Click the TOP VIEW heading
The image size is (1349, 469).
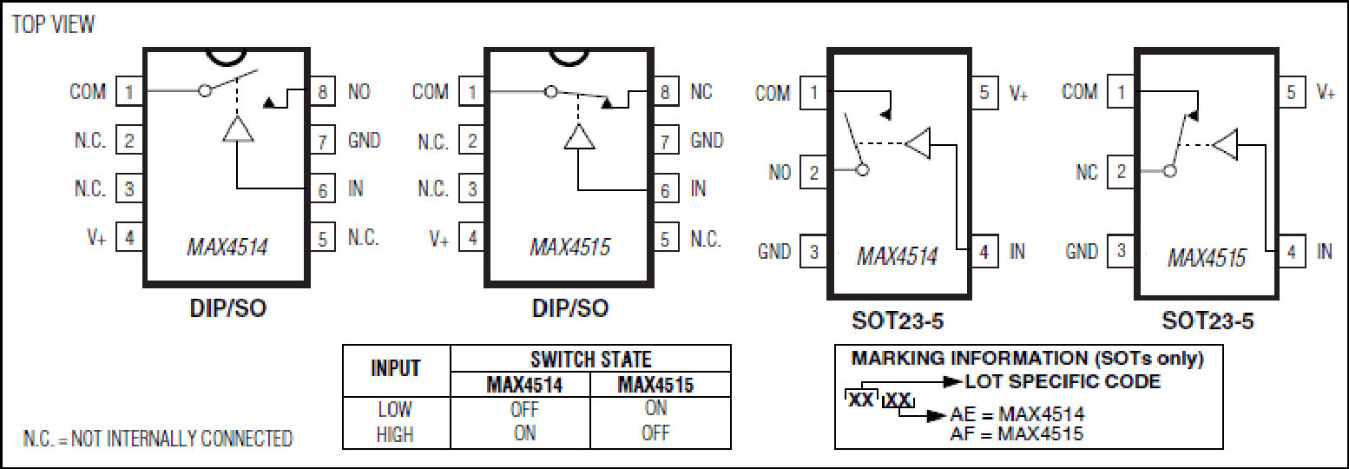53,24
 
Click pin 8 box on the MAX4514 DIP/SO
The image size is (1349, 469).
322,92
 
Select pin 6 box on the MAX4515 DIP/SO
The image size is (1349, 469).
665,190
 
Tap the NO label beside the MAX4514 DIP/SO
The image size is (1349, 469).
359,92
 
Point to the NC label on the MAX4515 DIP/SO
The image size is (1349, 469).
701,92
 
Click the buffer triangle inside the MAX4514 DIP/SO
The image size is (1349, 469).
238,129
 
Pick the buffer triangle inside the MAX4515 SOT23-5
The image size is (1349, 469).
1225,145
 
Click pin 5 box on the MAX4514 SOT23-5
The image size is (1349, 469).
984,92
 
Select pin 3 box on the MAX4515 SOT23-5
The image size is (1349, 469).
1121,251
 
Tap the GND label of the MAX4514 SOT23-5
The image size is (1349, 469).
773,251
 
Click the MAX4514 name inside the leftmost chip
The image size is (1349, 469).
227,248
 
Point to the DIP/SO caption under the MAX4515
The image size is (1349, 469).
569,308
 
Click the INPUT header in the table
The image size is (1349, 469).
396,368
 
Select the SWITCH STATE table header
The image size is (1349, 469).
591,360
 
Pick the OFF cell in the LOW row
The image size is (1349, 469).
524,409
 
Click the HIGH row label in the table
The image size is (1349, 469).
395,434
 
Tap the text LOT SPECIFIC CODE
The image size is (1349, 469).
1063,381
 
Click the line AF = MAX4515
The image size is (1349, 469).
1017,434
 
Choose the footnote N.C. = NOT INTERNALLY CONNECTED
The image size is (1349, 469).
158,439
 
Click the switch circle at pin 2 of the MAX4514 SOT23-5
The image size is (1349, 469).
862,170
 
